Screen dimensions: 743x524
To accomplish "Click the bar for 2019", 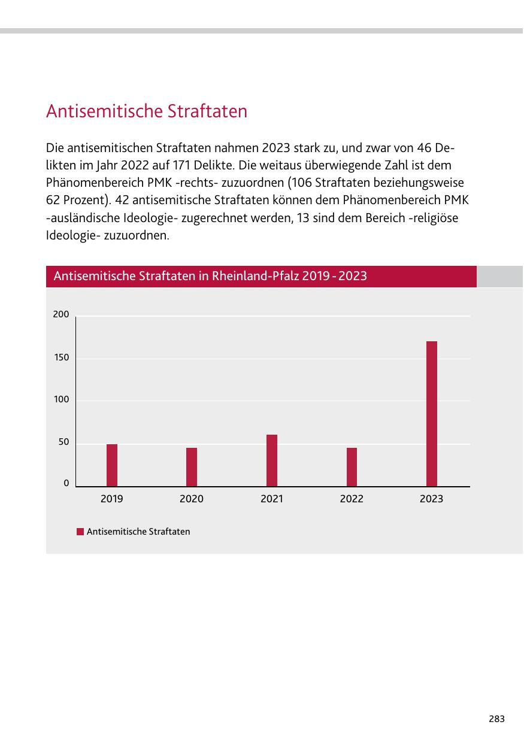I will click(112, 465).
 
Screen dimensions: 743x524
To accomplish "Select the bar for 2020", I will click(192, 467).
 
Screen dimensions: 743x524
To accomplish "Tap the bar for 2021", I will click(272, 460).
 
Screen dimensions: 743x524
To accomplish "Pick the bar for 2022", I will click(352, 467).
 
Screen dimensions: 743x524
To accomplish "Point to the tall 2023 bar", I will click(432, 414).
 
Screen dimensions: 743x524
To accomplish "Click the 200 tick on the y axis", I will click(61, 315).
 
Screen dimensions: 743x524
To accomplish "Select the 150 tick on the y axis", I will click(61, 358).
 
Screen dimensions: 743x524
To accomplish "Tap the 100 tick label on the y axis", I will click(61, 400).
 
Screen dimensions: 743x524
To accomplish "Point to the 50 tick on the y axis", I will click(63, 443).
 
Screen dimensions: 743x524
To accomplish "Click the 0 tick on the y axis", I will click(66, 484).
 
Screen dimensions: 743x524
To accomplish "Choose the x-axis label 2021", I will click(272, 499).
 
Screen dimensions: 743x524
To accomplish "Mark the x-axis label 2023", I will click(432, 499).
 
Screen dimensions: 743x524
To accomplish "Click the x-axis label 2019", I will click(112, 499).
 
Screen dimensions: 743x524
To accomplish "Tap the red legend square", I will click(80, 532).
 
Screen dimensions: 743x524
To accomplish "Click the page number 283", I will click(496, 719).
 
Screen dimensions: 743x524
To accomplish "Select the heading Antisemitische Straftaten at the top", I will click(147, 112).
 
